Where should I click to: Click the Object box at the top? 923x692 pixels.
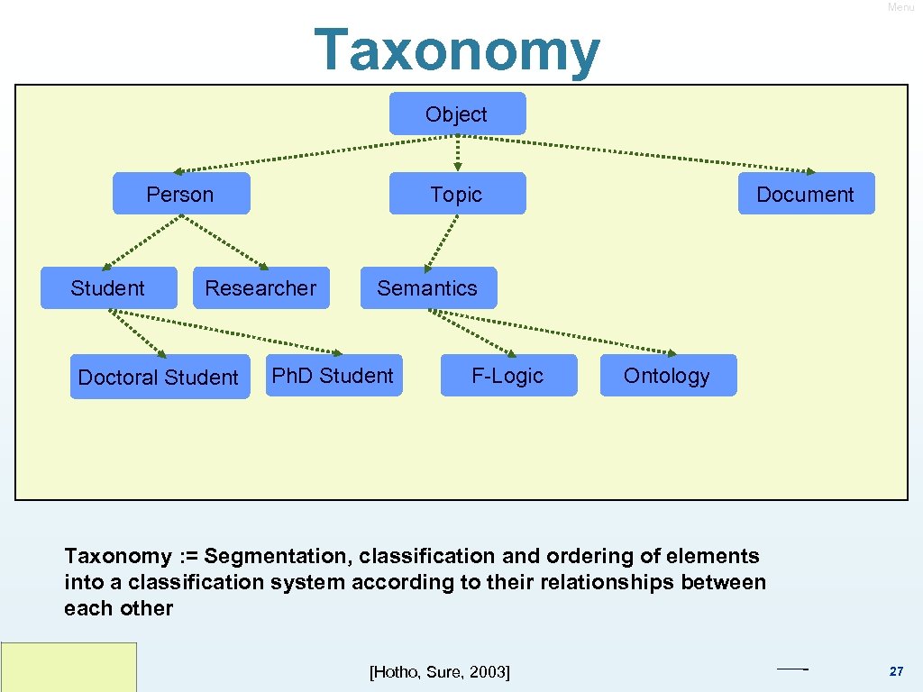point(457,114)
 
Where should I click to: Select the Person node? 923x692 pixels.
point(180,194)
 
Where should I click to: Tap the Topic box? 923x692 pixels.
point(457,194)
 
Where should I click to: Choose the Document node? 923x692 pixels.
point(806,194)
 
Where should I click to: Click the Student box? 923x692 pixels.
point(108,288)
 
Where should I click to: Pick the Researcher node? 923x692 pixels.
point(260,288)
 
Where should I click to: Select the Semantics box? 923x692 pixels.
point(427,288)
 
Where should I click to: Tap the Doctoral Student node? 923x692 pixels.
point(160,377)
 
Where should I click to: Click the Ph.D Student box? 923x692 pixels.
point(334,375)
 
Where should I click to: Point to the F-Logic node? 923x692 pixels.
point(507,375)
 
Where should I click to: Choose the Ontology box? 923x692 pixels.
point(667,375)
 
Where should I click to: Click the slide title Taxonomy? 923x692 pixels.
point(457,50)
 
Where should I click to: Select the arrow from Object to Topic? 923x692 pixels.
point(457,152)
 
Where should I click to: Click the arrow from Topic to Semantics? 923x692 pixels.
point(442,240)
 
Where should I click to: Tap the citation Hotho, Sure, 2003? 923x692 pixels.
point(440,672)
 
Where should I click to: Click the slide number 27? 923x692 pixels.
point(896,671)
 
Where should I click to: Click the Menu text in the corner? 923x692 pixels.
point(900,7)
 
